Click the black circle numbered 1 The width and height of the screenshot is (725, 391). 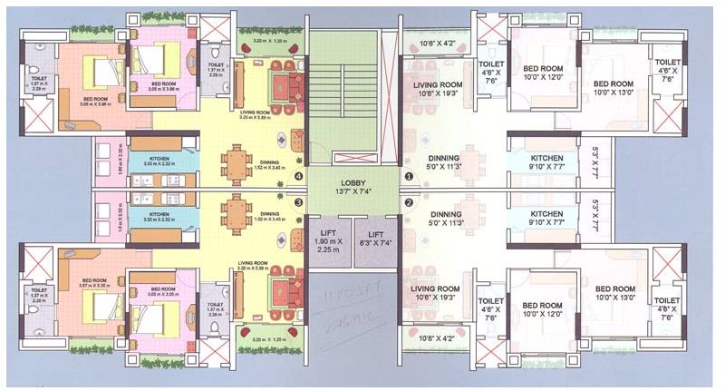pos(408,177)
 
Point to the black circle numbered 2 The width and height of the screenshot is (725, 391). pos(408,203)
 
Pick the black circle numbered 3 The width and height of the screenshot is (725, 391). pos(299,202)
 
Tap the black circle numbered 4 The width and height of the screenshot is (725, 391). pos(299,176)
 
